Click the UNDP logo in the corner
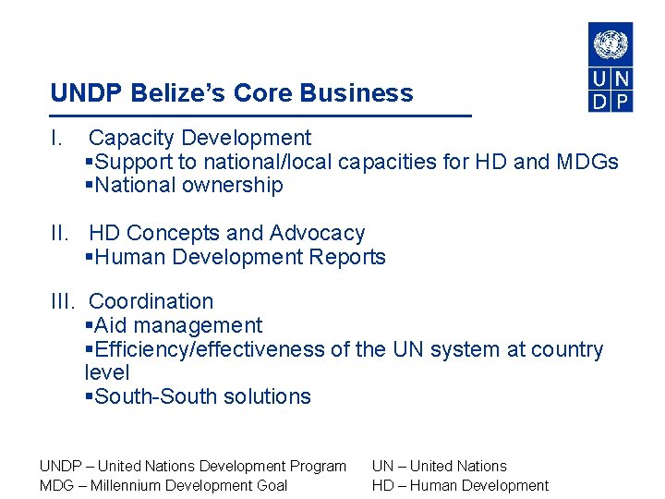[611, 67]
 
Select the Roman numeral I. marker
[56, 139]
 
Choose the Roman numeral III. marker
[64, 302]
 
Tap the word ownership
[236, 186]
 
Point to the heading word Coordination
[151, 302]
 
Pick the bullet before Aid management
[89, 326]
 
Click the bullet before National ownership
[89, 186]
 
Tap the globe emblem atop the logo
[611, 43]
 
